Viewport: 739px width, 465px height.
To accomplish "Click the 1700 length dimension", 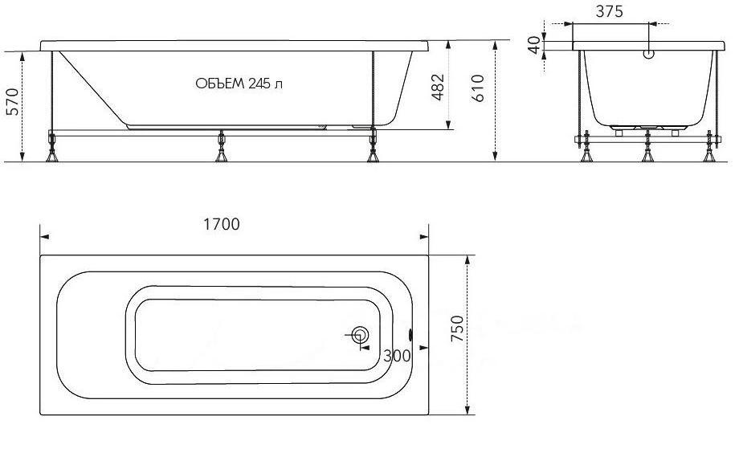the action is [x=222, y=224].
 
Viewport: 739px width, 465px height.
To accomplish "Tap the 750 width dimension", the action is [x=457, y=328].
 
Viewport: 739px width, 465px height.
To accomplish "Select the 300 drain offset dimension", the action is [x=397, y=356].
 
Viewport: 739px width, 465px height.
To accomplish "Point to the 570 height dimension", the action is [x=12, y=101].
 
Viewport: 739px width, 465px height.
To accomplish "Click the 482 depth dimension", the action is [x=438, y=88].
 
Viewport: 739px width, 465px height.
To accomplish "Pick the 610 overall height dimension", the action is [x=477, y=88].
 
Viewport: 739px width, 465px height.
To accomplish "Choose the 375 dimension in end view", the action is [x=609, y=11].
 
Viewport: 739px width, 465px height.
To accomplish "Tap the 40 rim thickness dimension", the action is [x=534, y=46].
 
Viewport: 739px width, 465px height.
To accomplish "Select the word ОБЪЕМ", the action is [x=220, y=84].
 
